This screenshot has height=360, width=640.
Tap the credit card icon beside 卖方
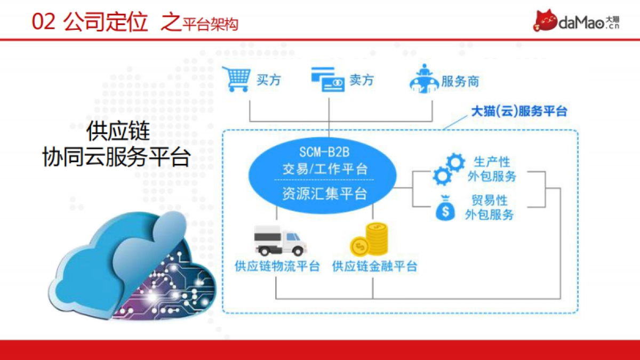327,80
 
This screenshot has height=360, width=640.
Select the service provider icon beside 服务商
424,80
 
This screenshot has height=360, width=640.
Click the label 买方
269,81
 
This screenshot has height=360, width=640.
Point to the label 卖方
361,81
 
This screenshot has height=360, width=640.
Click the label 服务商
460,82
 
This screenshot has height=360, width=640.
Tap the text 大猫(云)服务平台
519,111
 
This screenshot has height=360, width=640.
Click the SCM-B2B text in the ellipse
324,153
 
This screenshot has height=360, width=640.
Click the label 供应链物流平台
277,266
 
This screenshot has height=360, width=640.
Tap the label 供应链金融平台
374,266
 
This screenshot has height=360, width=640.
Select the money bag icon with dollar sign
445,209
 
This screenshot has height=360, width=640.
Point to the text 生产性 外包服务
491,169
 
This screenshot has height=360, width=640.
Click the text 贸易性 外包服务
490,207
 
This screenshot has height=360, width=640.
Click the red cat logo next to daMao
545,21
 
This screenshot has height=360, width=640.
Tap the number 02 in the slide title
43,22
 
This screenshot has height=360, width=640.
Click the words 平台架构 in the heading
210,24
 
